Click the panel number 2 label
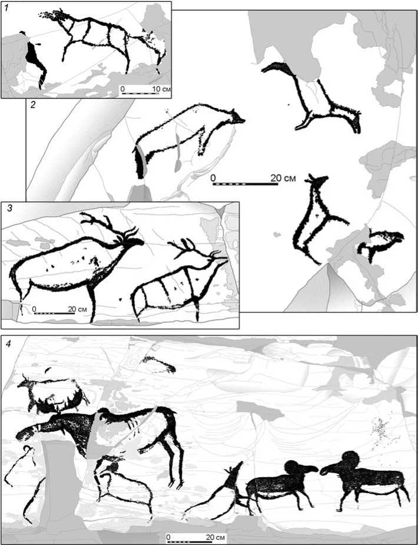34,105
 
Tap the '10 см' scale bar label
161,89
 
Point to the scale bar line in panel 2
245,184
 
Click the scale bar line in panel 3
54,313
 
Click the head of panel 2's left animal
236,117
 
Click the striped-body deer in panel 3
179,278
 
